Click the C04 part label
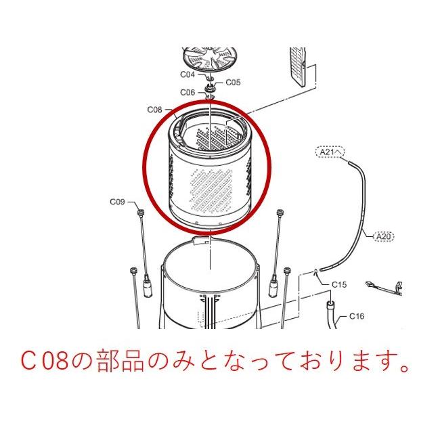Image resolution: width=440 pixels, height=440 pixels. pyautogui.click(x=187, y=74)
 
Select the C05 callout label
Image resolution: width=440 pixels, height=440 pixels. pyautogui.click(x=233, y=83)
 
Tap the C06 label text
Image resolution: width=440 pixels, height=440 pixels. pyautogui.click(x=188, y=92)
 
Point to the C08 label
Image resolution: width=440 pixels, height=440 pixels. pyautogui.click(x=154, y=109)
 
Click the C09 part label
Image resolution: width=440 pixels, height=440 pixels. pyautogui.click(x=118, y=202)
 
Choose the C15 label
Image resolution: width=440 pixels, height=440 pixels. pyautogui.click(x=338, y=285)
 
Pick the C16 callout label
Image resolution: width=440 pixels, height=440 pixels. pyautogui.click(x=357, y=316)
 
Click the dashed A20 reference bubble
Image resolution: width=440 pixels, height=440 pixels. pyautogui.click(x=383, y=236)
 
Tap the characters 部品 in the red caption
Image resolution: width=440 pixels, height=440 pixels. pyautogui.click(x=110, y=364)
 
